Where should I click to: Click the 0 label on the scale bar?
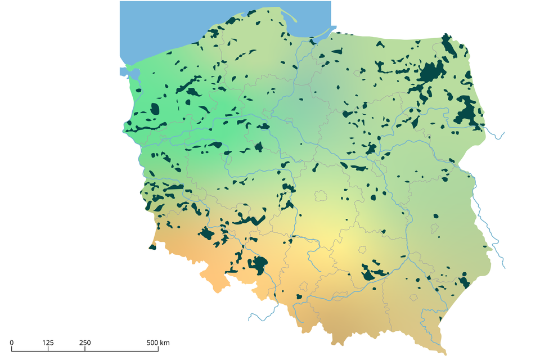(x=12, y=343)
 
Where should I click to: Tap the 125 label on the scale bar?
(x=48, y=343)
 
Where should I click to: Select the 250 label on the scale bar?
(x=85, y=343)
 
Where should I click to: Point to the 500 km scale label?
(x=158, y=343)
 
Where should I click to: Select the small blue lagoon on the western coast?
(x=124, y=71)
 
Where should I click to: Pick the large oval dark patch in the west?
(x=155, y=109)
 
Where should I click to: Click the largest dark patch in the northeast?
(x=431, y=71)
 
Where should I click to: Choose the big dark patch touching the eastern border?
(x=467, y=110)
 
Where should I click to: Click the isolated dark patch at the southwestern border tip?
(x=152, y=246)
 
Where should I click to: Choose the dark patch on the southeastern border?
(x=463, y=281)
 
